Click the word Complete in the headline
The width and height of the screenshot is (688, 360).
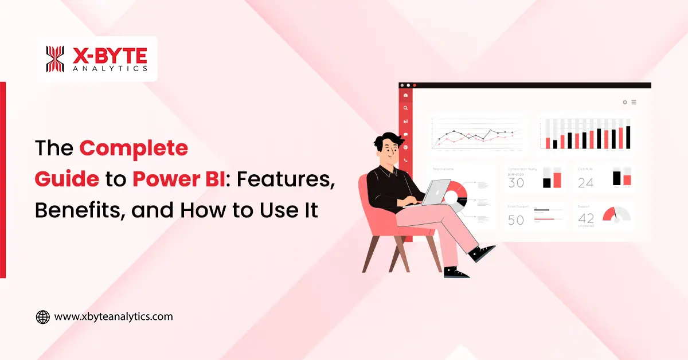click(x=134, y=148)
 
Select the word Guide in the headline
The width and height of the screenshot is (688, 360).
click(x=67, y=179)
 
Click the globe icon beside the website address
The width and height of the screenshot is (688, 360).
click(x=43, y=317)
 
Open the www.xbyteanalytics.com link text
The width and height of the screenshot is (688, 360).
click(x=113, y=316)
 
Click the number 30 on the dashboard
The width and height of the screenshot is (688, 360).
click(x=516, y=183)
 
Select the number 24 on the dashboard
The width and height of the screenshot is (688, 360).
click(x=585, y=183)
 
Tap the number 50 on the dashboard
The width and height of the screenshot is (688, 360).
click(x=516, y=220)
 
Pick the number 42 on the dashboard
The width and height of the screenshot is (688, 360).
click(x=586, y=218)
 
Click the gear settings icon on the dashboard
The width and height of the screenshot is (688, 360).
click(x=625, y=102)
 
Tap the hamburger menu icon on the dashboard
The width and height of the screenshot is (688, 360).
click(x=634, y=102)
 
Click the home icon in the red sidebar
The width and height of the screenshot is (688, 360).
click(x=405, y=95)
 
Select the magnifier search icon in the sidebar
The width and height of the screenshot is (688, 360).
click(x=405, y=108)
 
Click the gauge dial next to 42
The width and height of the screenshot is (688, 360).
click(x=616, y=215)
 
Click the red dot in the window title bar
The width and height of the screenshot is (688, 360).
click(x=415, y=85)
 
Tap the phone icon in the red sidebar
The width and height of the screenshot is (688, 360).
click(x=405, y=160)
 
